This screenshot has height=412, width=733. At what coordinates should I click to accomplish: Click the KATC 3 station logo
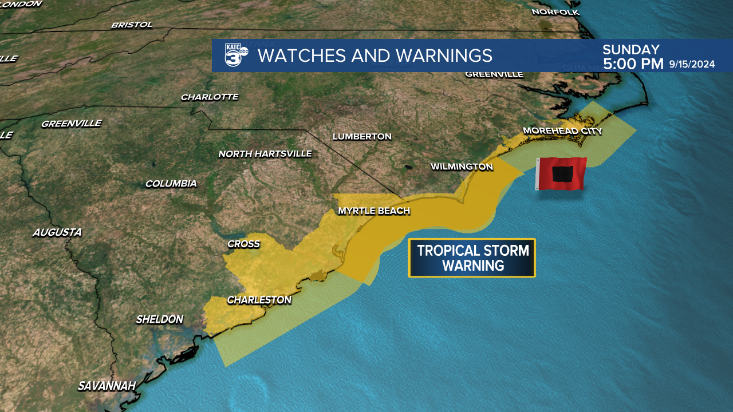tap(236, 56)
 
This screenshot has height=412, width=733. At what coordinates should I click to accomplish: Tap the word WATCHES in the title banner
tap(295, 56)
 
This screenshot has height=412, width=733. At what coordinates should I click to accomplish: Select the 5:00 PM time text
tap(633, 64)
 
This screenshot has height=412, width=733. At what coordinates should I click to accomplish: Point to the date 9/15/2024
tap(692, 64)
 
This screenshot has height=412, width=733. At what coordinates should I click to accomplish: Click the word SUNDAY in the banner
tap(631, 50)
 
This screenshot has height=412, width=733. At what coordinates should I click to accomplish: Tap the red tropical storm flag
tap(561, 174)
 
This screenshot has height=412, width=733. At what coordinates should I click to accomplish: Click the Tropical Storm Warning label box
tap(471, 258)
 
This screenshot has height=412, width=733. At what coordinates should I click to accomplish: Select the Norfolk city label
tap(555, 12)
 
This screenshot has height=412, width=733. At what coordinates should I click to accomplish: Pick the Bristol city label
tap(132, 25)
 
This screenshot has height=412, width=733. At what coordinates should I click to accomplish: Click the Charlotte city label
tap(210, 97)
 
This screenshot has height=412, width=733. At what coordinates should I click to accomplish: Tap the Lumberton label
tap(362, 137)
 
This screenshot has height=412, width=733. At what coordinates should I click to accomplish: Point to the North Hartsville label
tap(265, 154)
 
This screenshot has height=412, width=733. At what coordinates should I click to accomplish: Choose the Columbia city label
tap(171, 184)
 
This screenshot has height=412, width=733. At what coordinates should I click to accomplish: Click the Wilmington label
tap(462, 167)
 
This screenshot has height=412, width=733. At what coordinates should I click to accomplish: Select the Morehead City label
tap(562, 131)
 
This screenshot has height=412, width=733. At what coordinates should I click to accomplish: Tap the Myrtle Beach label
tap(374, 211)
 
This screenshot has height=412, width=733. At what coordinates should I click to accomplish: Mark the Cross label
tap(243, 244)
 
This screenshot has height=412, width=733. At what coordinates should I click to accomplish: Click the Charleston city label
tap(259, 300)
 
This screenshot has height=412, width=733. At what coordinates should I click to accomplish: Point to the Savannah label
tap(107, 386)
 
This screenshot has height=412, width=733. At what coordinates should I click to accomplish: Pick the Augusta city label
tap(57, 232)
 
